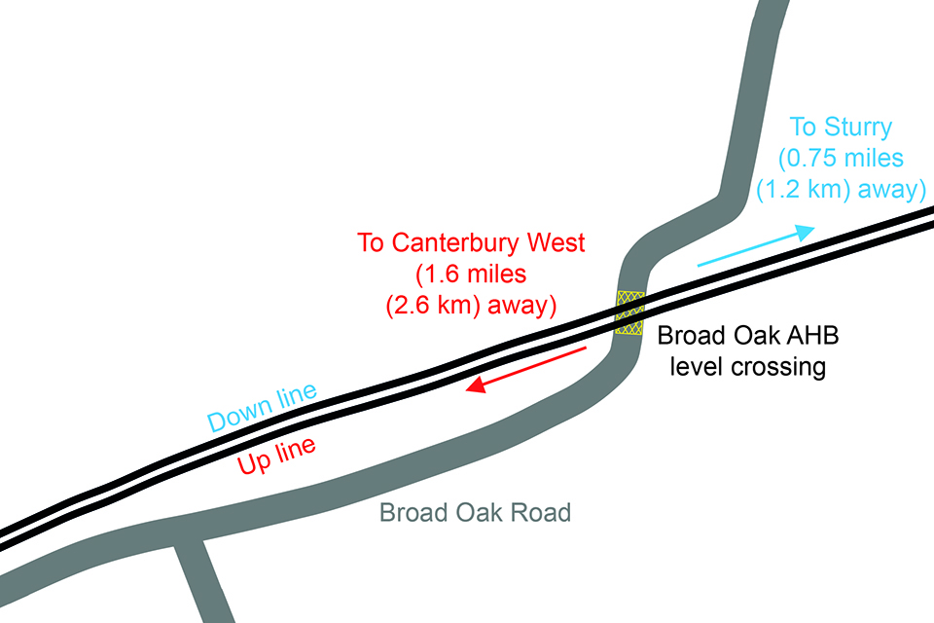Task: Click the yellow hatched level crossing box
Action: click(x=629, y=313)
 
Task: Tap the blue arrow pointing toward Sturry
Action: click(x=755, y=247)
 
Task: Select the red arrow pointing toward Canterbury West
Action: click(x=525, y=368)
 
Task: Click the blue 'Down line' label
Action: click(x=263, y=408)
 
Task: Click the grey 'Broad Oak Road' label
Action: click(x=474, y=512)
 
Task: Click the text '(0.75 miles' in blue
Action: click(x=841, y=158)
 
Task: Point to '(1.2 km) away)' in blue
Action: click(x=841, y=189)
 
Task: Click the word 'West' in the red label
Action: click(x=583, y=242)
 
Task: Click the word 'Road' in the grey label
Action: click(x=540, y=512)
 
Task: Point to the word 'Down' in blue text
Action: click(x=238, y=417)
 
